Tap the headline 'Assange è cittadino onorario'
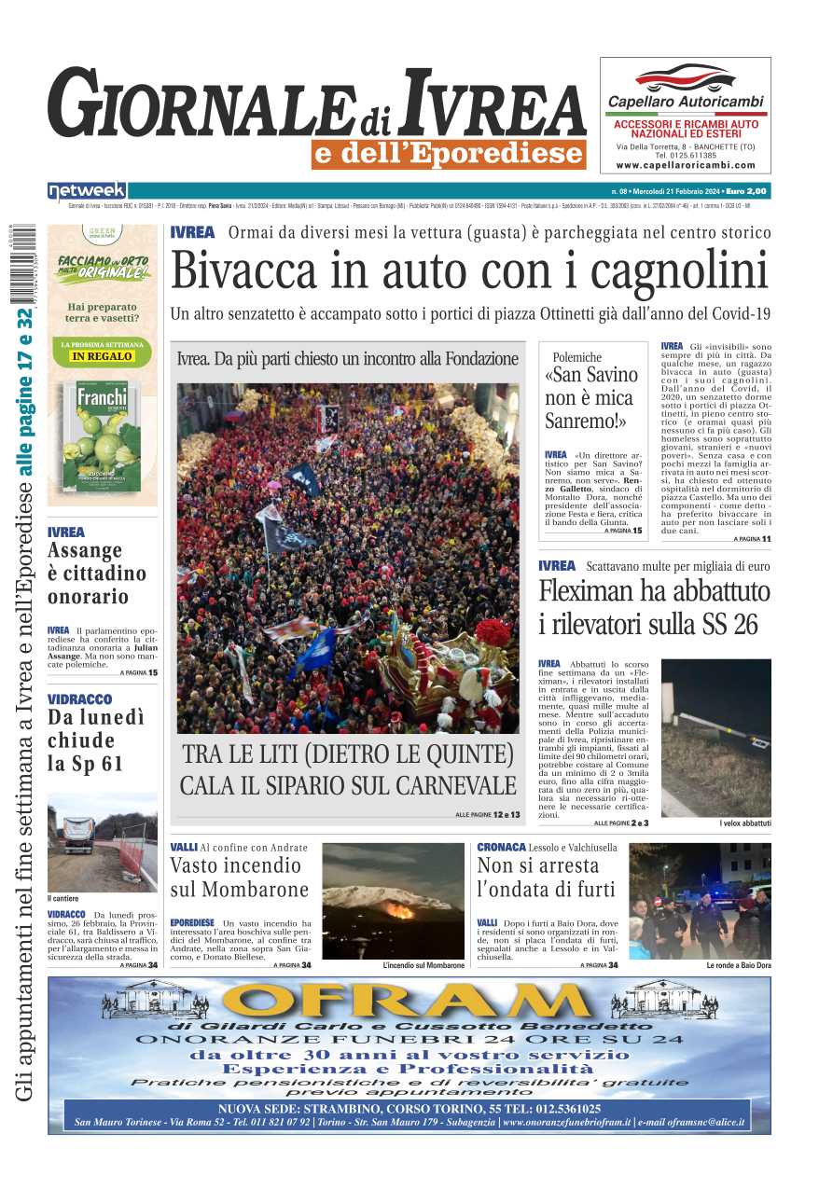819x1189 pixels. pyautogui.click(x=97, y=574)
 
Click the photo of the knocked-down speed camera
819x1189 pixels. pyautogui.click(x=716, y=737)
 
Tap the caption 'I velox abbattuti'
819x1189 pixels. pyautogui.click(x=745, y=823)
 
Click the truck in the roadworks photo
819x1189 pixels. pyautogui.click(x=77, y=835)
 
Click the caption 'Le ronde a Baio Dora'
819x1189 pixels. pyautogui.click(x=739, y=965)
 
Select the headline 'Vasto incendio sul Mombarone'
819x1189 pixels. pyautogui.click(x=239, y=877)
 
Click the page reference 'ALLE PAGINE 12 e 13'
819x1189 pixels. pyautogui.click(x=488, y=815)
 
